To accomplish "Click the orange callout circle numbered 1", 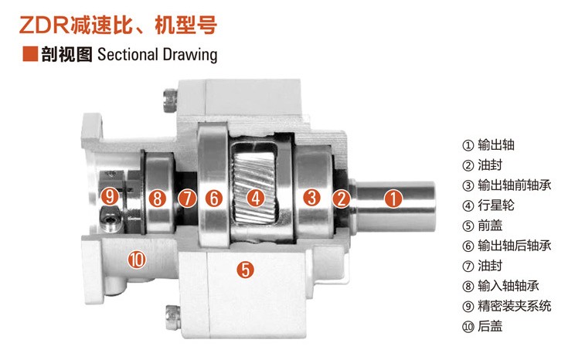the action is tap(393, 199).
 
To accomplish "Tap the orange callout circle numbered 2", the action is tap(342, 199).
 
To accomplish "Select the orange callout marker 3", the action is tap(311, 198).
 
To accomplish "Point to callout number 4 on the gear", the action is tap(256, 199).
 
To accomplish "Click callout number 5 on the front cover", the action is tap(245, 270).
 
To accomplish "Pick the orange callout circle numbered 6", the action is tap(214, 199).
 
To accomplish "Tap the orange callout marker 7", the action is tap(187, 199).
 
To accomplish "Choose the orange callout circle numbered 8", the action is tap(158, 199).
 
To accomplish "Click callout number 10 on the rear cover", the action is tap(137, 260).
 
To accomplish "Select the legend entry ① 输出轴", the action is tap(488, 145).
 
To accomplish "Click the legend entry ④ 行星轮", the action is tap(488, 205).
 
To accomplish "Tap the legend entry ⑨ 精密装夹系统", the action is tap(506, 306).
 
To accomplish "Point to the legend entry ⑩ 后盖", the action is tap(482, 326).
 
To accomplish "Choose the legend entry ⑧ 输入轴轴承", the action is tap(501, 286).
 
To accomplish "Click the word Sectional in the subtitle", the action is tap(128, 55).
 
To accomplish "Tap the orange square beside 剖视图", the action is tap(30, 53).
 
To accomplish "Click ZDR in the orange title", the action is tap(44, 25).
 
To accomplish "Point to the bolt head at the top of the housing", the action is tap(169, 100).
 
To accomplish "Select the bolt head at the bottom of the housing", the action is tap(172, 316).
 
